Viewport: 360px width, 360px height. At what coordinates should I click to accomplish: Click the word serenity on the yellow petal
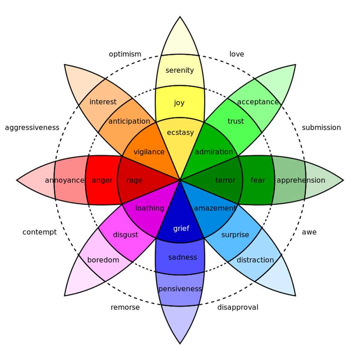[x=180, y=70]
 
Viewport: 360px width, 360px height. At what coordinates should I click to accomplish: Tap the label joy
[x=179, y=103]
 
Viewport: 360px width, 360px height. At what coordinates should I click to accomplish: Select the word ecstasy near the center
[x=180, y=132]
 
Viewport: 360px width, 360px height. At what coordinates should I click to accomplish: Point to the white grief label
[x=181, y=228]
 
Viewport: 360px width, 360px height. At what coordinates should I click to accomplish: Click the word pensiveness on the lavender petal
[x=180, y=289]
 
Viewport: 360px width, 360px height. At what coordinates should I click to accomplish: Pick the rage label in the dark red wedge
[x=134, y=180]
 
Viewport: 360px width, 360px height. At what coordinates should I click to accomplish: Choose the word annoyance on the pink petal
[x=65, y=180]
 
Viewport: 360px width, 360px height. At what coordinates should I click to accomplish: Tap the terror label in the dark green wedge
[x=226, y=180]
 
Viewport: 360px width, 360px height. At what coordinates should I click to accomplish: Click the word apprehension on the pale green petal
[x=301, y=180]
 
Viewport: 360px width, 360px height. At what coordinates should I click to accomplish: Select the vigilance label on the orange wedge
[x=149, y=152]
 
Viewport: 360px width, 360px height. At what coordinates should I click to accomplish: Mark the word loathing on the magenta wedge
[x=150, y=208]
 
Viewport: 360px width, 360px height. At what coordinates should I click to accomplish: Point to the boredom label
[x=103, y=260]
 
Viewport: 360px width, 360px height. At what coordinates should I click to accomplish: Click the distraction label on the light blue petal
[x=255, y=260]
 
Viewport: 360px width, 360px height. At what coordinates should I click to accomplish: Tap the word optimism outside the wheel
[x=125, y=54]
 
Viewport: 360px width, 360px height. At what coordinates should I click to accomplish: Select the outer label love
[x=237, y=54]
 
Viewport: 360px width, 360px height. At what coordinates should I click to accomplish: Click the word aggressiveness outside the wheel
[x=32, y=128]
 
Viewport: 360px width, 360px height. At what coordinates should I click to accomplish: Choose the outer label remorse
[x=125, y=307]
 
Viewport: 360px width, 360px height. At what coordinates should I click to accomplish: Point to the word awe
[x=309, y=232]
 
